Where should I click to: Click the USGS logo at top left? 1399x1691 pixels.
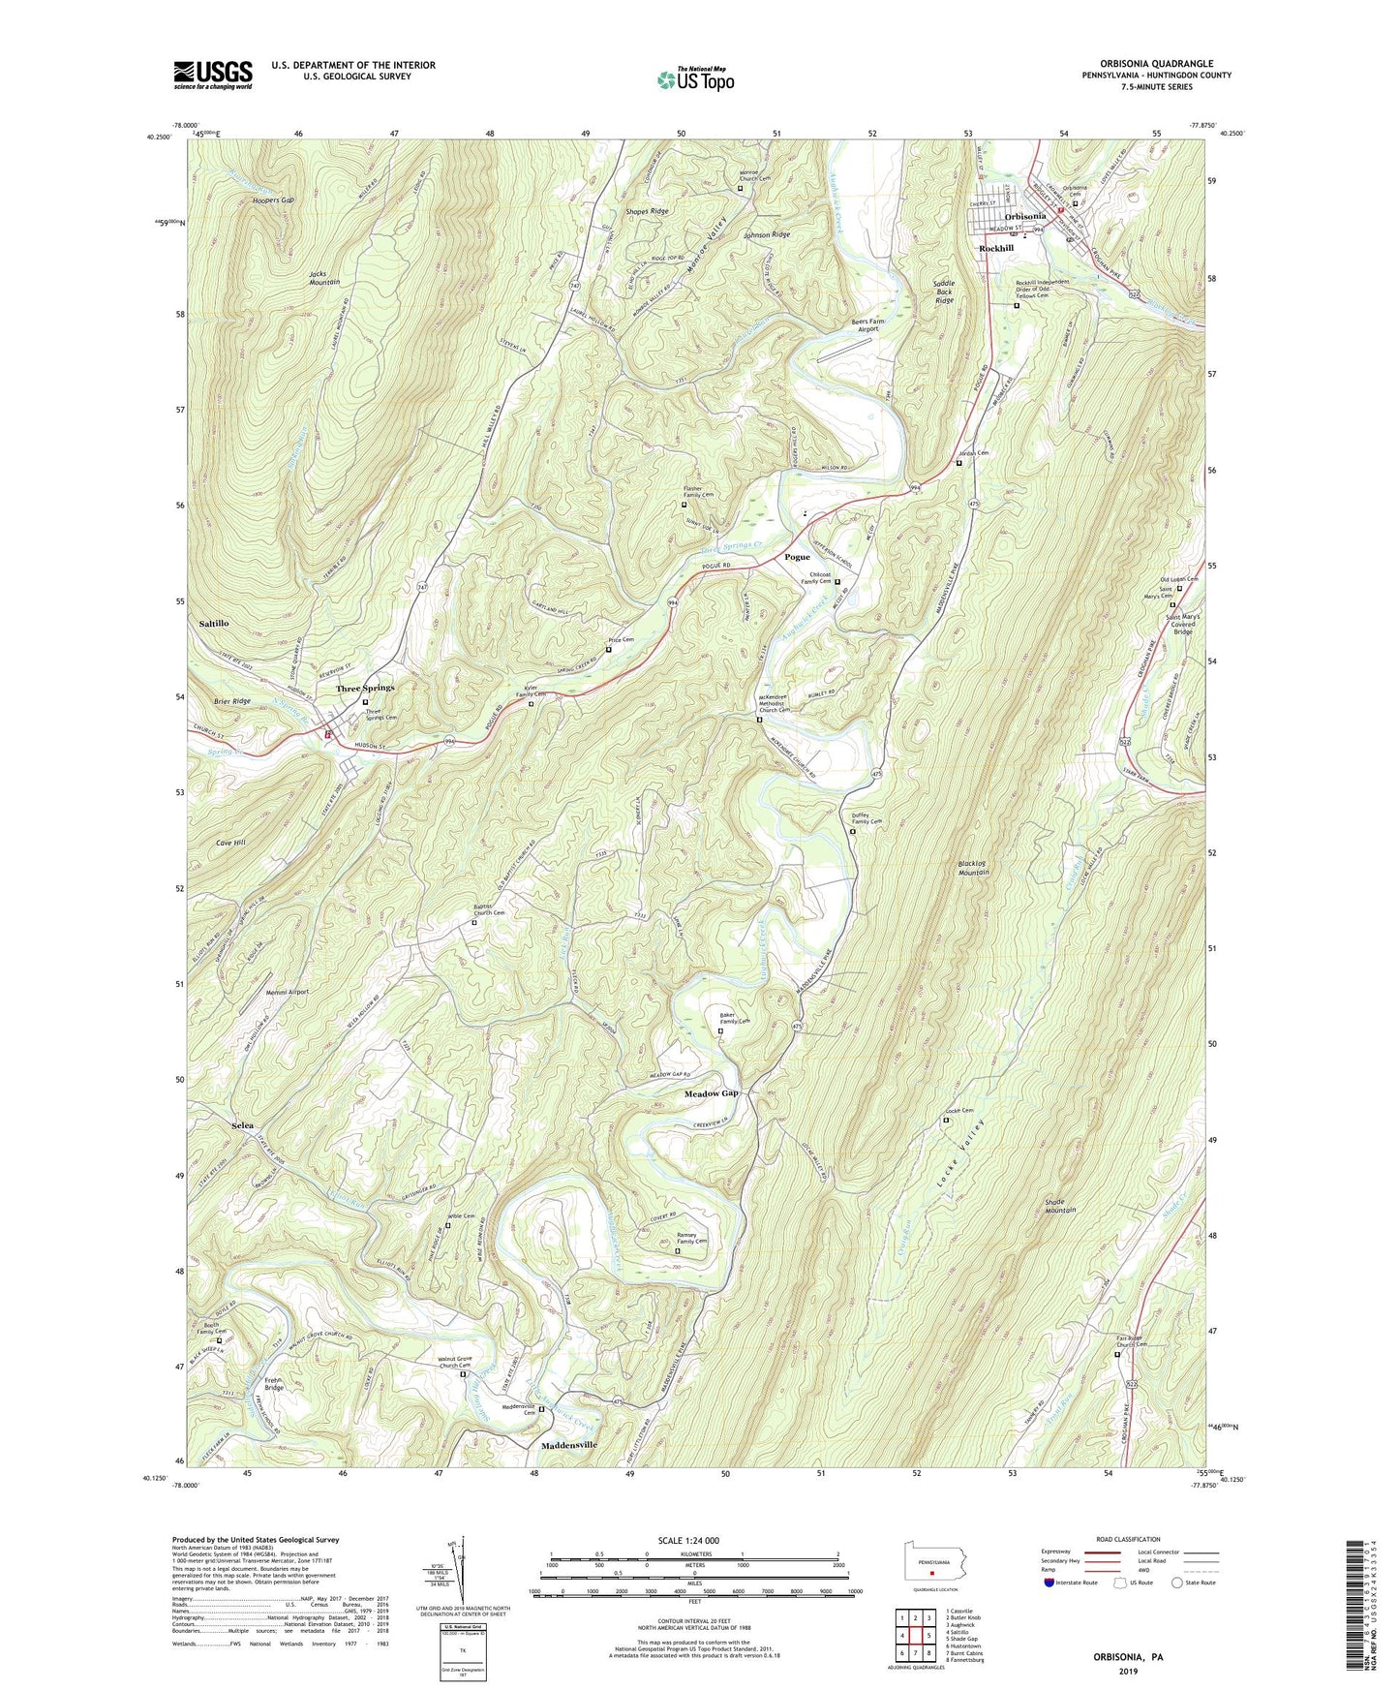coord(213,74)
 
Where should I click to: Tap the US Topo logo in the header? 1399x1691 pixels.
coord(694,79)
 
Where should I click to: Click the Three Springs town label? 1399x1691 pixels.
coord(365,688)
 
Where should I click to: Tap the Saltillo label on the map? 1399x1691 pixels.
coord(214,624)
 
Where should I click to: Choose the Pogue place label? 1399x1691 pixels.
coord(797,557)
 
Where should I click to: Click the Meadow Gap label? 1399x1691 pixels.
coord(712,1092)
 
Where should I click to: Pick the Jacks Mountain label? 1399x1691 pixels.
coord(324,277)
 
